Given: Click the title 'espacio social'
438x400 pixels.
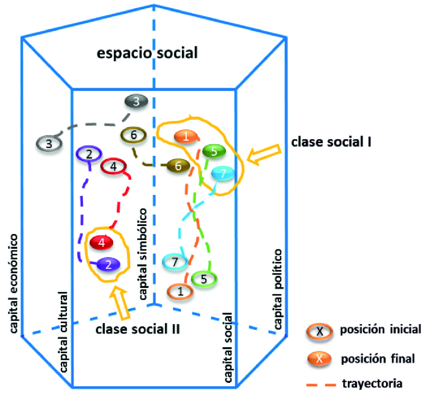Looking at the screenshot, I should pos(147,53).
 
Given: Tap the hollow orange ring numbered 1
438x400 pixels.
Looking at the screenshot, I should pos(180,292).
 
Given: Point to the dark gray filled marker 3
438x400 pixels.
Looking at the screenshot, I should pos(136,102).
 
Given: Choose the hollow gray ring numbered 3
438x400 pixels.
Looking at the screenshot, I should pos(49,143).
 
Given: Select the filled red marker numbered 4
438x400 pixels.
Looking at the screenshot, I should pos(102,243).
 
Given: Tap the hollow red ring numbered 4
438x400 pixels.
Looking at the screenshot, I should pos(113,167).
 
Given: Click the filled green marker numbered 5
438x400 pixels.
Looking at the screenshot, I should pos(214,151).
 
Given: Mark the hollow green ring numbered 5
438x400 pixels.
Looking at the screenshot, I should pos(204,279).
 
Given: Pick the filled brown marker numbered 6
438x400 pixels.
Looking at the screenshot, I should pos(178,165).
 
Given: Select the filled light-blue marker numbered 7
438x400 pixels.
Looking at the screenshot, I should pos(223,174).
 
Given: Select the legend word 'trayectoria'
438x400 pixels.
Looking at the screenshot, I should pos(372,384).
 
